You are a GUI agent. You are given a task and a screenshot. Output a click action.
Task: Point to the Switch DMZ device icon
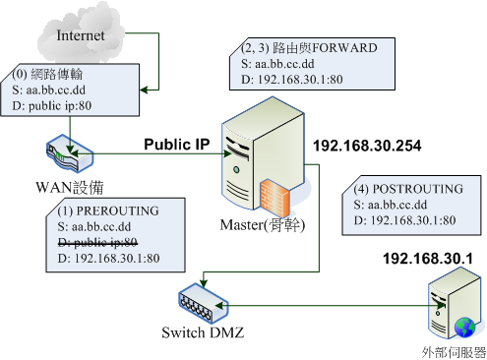202,300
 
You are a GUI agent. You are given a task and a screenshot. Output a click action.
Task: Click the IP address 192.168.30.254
367,147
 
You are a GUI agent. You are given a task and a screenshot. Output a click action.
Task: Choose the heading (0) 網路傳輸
46,73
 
